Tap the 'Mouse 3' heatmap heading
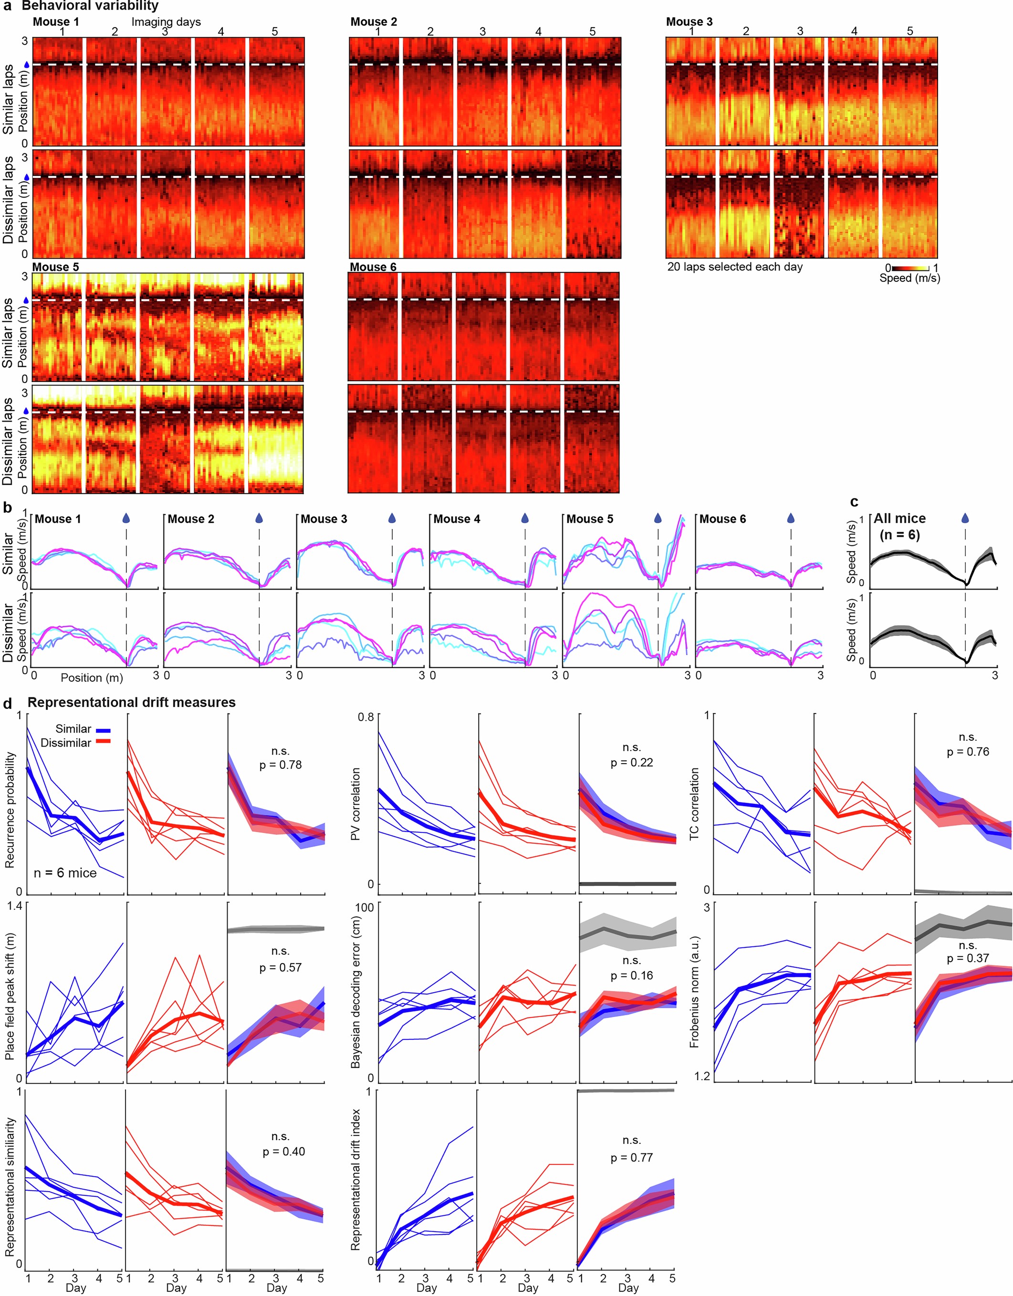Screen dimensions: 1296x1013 689,22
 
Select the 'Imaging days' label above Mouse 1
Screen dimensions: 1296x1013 166,22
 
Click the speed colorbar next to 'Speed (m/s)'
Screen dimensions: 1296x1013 910,268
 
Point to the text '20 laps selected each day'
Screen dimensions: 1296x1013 735,267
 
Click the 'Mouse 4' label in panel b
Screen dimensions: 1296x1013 456,519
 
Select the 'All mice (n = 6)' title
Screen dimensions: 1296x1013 899,526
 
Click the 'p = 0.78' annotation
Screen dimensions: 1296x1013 281,765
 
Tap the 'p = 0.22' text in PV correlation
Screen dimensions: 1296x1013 631,763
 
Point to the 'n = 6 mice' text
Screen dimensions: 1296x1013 65,873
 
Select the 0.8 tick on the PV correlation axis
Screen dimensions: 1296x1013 366,717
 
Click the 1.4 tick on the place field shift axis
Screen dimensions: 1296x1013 14,906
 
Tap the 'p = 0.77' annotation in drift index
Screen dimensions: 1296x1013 631,1158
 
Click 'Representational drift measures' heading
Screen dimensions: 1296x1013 131,703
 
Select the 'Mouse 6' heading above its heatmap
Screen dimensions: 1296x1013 373,267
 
